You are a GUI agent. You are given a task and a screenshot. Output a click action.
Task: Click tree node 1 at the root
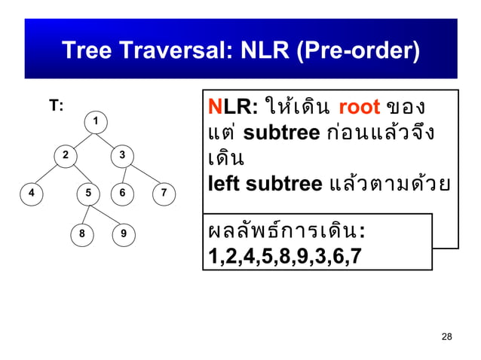point(96,121)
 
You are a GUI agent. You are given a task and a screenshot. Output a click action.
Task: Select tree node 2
point(66,155)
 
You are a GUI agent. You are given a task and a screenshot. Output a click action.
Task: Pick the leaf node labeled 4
point(31,193)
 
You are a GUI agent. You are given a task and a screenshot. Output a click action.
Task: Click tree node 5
point(88,193)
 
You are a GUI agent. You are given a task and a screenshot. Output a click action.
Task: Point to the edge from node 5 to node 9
point(105,214)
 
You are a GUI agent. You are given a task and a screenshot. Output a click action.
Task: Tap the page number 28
point(447,336)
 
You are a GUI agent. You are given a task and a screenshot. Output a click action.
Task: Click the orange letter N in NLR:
point(213,108)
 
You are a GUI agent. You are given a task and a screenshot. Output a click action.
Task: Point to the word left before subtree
point(224,184)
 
